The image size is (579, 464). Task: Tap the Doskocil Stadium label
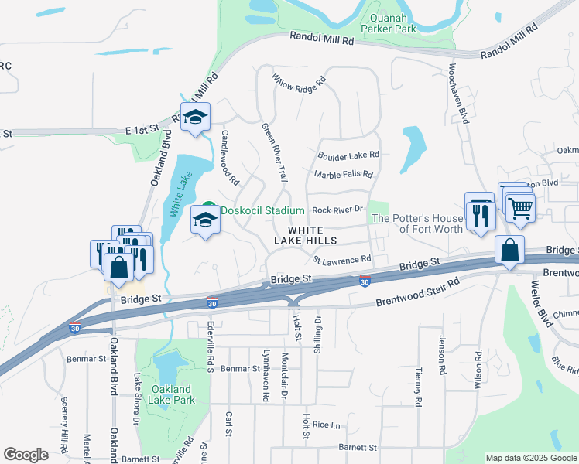263,210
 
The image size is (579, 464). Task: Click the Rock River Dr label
337,210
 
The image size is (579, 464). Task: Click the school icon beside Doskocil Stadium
205,221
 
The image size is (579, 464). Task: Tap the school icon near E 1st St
195,118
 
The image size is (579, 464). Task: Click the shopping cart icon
520,206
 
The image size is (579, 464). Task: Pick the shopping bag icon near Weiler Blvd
509,251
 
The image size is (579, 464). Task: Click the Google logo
26,454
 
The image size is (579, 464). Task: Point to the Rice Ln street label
326,425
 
